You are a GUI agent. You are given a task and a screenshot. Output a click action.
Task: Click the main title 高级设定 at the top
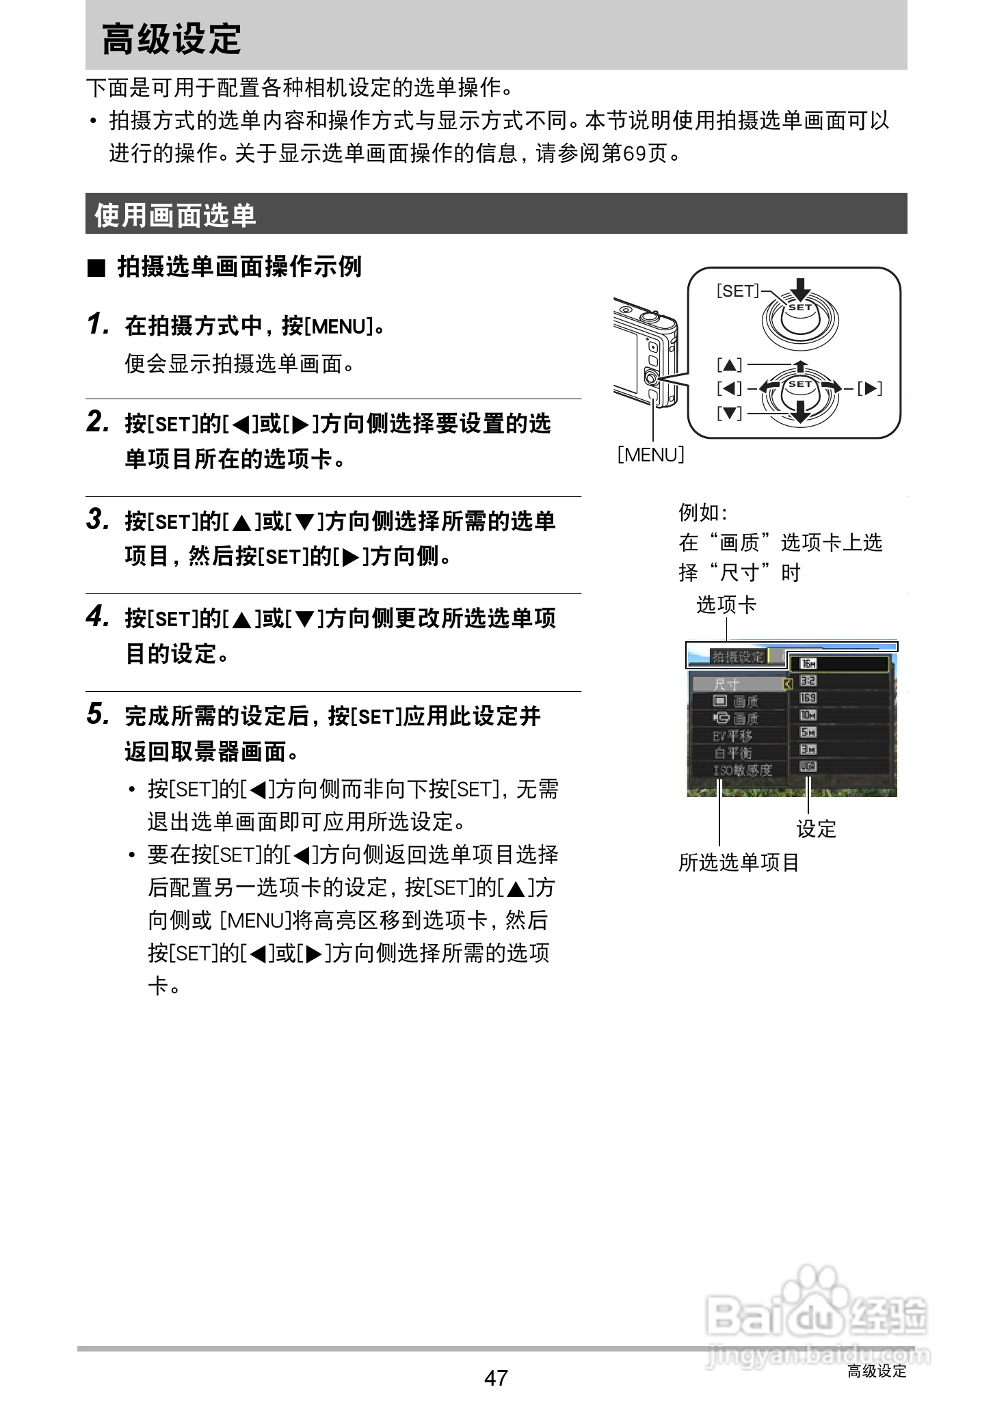point(172,39)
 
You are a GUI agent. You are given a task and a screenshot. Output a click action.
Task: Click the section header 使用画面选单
point(175,215)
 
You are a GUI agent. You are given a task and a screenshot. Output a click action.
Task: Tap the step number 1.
point(98,324)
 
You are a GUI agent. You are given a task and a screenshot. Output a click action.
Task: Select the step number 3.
point(98,520)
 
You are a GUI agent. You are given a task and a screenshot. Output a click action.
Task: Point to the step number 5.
point(98,714)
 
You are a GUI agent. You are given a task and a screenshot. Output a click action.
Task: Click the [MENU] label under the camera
point(650,455)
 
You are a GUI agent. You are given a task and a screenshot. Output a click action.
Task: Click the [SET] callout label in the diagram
point(737,291)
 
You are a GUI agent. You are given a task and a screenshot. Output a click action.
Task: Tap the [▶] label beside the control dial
point(870,389)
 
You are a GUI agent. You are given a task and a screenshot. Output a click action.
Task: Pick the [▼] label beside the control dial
point(730,413)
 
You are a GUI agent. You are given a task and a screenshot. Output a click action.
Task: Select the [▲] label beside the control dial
point(730,365)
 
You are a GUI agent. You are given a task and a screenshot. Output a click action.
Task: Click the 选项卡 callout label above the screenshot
point(726,605)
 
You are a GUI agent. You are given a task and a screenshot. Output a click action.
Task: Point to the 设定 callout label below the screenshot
point(817,829)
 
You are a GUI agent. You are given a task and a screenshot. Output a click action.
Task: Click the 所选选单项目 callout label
point(739,863)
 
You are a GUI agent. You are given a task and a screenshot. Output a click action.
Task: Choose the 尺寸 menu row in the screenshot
point(727,684)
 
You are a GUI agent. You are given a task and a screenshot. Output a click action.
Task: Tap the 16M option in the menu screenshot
point(808,664)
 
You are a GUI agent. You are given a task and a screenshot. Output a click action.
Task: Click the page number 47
point(496,1378)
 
